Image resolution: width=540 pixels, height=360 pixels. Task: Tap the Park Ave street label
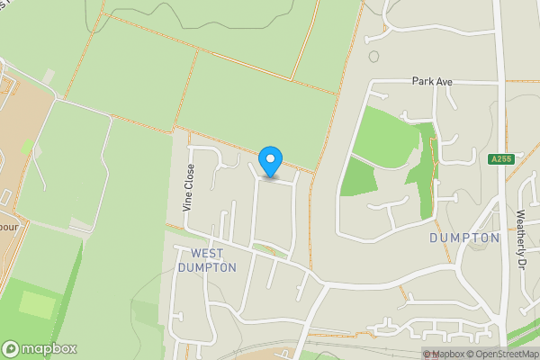pyautogui.click(x=432, y=81)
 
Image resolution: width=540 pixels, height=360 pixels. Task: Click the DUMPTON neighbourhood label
pyautogui.click(x=464, y=238)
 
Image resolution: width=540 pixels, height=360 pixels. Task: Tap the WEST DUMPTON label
pyautogui.click(x=207, y=260)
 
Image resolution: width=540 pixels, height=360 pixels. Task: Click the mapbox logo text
pyautogui.click(x=49, y=349)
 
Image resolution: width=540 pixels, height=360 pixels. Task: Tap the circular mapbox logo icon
pyautogui.click(x=11, y=349)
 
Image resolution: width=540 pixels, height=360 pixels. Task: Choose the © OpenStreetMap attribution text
pyautogui.click(x=502, y=354)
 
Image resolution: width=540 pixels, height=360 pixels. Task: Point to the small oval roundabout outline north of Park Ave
pyautogui.click(x=373, y=57)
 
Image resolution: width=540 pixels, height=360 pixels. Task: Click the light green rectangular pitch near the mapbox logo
pyautogui.click(x=37, y=304)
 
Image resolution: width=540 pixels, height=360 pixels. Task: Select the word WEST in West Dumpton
pyautogui.click(x=207, y=253)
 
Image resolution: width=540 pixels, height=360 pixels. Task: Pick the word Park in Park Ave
pyautogui.click(x=423, y=81)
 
